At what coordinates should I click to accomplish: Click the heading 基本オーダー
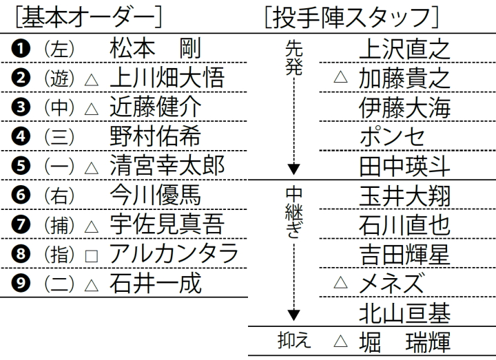coord(89,17)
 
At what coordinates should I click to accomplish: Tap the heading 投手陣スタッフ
coord(351,17)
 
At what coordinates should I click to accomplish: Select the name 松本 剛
coord(155,49)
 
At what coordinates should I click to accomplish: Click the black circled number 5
coord(21,166)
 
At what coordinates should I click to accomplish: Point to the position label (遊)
coord(59,78)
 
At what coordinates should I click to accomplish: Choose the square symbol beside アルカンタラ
coord(92,256)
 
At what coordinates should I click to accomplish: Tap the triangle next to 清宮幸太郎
coord(92,168)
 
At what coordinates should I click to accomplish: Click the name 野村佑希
coord(155,136)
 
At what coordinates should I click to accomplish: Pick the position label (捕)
coord(59,225)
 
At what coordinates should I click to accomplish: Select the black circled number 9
coord(21,283)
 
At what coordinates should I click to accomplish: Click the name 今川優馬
coord(155,195)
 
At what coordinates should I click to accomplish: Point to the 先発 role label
coord(294,58)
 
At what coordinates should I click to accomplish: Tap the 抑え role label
coord(294,341)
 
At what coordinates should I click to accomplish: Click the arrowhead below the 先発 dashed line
coord(294,169)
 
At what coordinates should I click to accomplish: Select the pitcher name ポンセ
coord(392,136)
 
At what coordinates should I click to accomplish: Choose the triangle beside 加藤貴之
coord(341,77)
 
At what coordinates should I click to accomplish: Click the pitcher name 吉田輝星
coord(404,254)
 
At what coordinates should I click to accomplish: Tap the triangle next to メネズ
coord(341,282)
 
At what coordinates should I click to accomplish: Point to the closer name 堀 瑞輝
coord(404,342)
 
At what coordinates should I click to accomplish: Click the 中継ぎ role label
coord(294,213)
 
